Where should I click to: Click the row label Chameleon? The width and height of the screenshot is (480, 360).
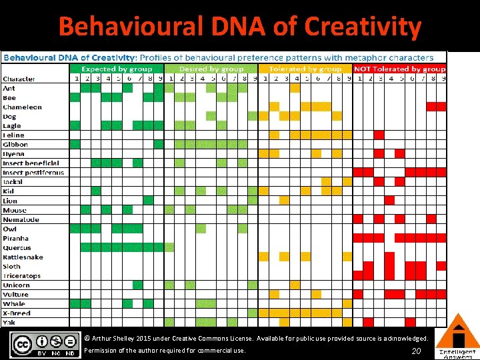(22, 107)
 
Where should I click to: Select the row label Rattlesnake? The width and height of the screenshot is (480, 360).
(23, 257)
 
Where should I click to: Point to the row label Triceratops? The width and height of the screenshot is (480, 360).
(21, 275)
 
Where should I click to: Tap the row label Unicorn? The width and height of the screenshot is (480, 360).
(16, 285)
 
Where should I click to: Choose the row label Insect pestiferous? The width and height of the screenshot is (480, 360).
(33, 172)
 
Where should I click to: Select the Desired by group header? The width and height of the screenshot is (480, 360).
(213, 69)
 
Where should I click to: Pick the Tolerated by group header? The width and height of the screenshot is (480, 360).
(305, 69)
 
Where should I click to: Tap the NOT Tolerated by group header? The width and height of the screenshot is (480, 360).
(399, 69)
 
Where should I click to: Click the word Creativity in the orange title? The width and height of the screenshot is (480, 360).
(363, 27)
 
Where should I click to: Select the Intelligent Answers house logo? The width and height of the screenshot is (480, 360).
(457, 337)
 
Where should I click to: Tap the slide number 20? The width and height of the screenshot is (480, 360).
(417, 351)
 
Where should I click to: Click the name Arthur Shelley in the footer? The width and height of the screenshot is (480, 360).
(118, 339)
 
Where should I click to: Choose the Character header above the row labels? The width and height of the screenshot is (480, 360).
(19, 79)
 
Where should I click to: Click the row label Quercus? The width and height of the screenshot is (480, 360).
(17, 247)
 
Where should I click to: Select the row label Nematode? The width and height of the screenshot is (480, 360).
(21, 219)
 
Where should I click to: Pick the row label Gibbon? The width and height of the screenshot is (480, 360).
(15, 144)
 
